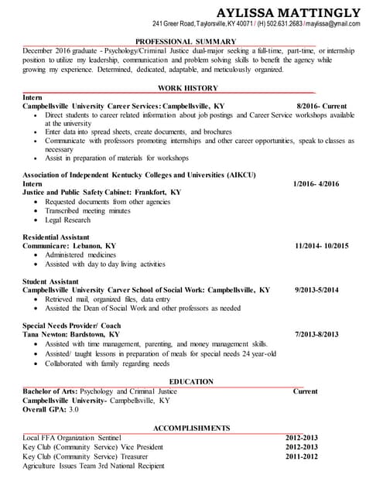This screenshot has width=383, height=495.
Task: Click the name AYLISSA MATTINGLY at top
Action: tap(289, 12)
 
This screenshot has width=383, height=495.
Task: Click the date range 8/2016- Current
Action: tap(321, 106)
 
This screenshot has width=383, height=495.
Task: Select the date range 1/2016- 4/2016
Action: tap(316, 184)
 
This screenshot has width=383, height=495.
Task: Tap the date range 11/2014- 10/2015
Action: tap(321, 246)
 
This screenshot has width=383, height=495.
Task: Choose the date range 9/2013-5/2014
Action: tap(317, 289)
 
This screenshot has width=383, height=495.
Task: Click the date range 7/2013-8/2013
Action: tap(317, 335)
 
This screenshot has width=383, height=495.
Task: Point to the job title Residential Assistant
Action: tap(56, 237)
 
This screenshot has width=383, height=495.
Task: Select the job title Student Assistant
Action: tap(51, 281)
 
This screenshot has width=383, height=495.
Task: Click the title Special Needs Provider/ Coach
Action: tap(72, 326)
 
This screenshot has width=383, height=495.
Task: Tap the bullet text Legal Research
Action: tap(67, 220)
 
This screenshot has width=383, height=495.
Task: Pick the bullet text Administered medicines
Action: tap(80, 254)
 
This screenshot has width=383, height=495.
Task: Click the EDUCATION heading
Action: tap(191, 382)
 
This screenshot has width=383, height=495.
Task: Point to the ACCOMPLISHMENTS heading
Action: tap(191, 428)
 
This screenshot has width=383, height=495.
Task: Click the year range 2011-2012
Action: tap(302, 456)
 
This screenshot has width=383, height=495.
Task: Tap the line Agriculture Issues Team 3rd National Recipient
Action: tap(94, 466)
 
